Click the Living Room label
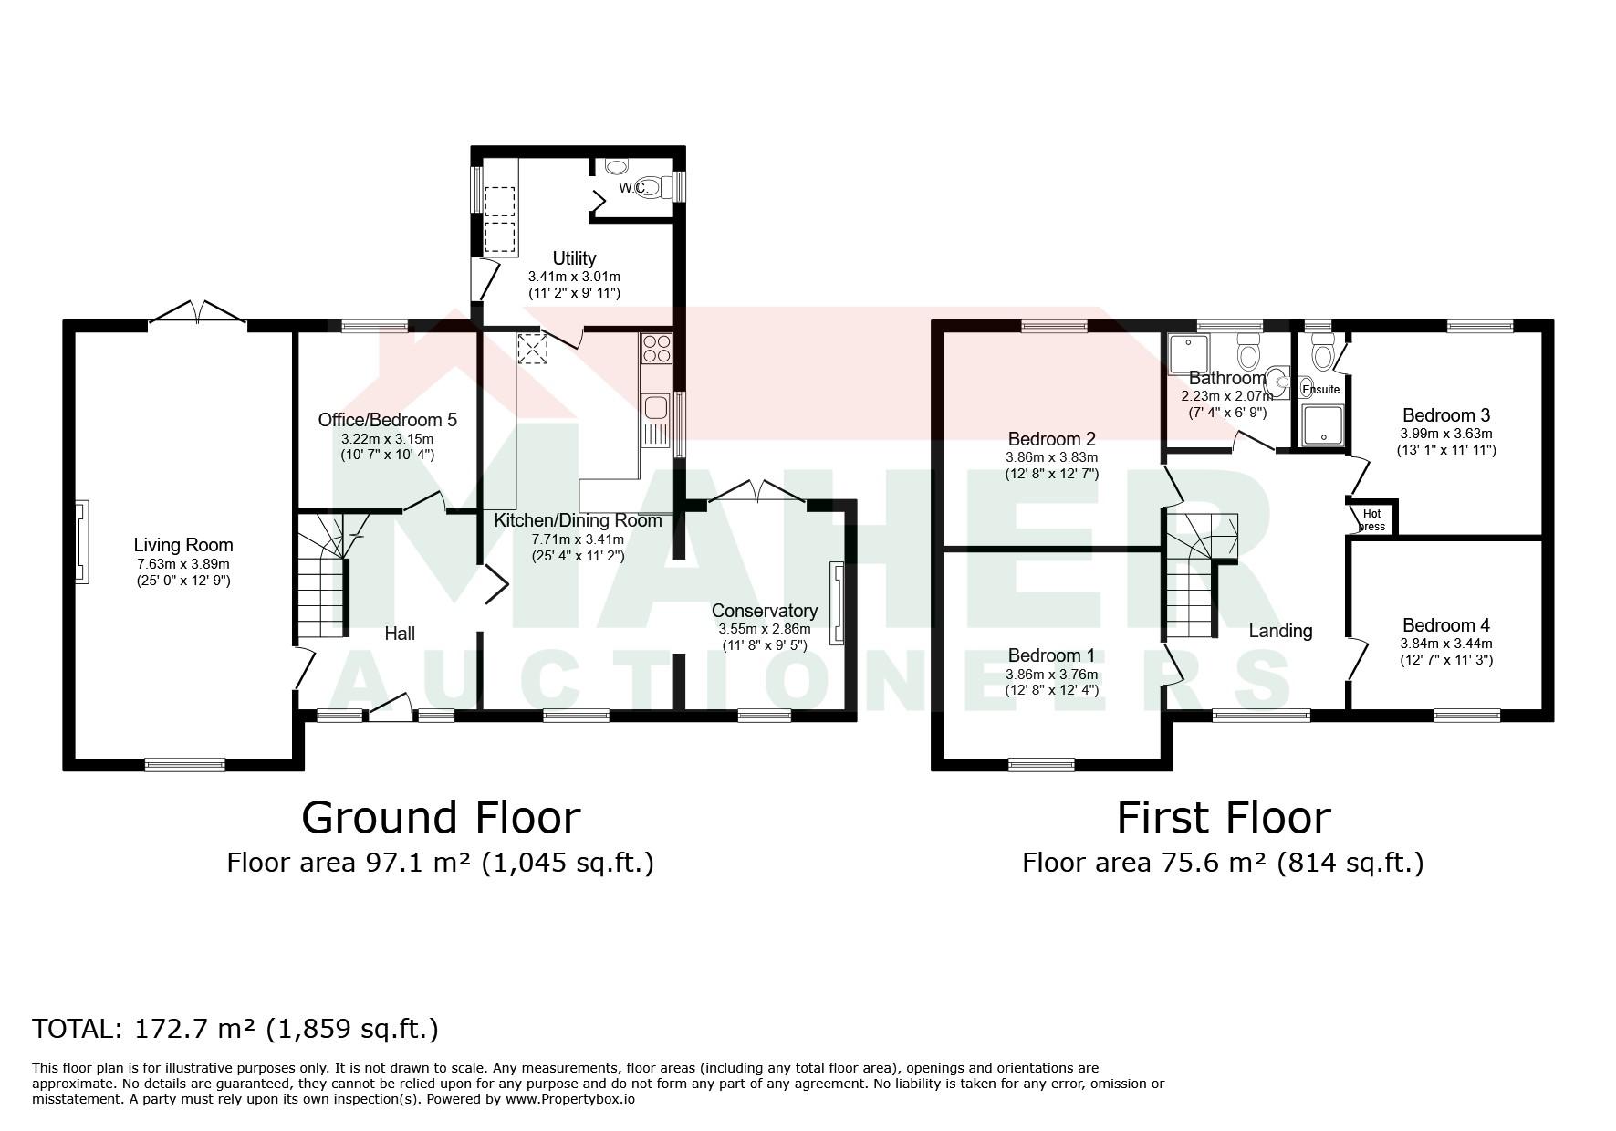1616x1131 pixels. pos(183,545)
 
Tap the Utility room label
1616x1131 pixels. pos(574,258)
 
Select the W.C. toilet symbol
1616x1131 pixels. pos(650,186)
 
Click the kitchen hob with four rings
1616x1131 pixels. pos(657,349)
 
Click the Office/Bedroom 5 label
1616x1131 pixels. pos(387,420)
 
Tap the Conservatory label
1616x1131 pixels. pos(764,611)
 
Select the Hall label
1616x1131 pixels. pos(400,634)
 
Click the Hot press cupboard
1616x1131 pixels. pos(1371,518)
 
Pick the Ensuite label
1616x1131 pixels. pos(1320,390)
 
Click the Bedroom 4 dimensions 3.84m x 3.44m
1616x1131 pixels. pos(1446,643)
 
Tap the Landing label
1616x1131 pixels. pos(1280,631)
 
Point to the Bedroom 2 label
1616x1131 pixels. pos(1051,439)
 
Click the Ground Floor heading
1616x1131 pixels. pos(441,817)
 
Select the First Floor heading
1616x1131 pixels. pos(1224,817)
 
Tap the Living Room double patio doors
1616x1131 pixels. pos(198,312)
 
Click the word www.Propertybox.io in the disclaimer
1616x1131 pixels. pos(570,1100)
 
